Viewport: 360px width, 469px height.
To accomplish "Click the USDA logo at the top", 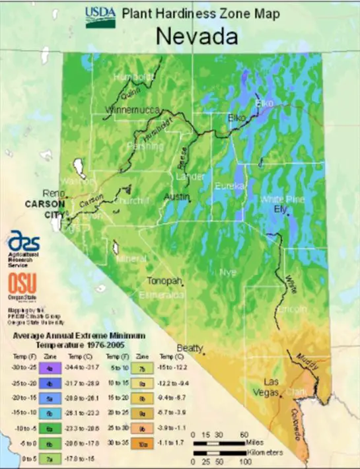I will point(100,17).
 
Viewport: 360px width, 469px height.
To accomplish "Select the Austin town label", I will point(176,198).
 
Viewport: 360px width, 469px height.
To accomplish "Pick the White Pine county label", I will point(282,199).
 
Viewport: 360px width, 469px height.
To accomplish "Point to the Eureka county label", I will point(230,187).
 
